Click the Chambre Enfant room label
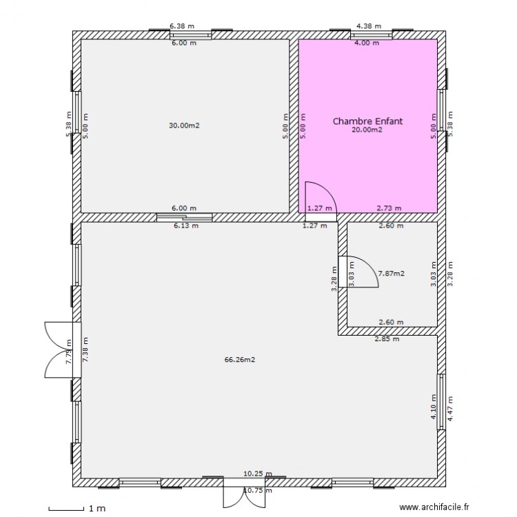[367, 121]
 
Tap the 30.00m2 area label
[184, 125]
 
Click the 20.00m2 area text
[367, 130]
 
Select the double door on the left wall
[61, 349]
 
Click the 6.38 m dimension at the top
[181, 26]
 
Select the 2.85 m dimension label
[386, 339]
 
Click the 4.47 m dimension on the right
[450, 409]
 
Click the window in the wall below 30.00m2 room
[184, 217]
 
